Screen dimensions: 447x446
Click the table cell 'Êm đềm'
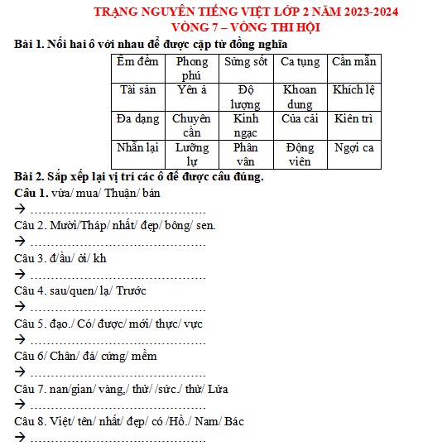[137, 62]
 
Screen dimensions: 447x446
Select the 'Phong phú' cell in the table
[192, 68]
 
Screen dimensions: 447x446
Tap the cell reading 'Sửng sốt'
[246, 62]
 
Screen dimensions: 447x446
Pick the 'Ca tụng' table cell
[300, 62]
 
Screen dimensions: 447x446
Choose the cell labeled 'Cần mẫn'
[353, 62]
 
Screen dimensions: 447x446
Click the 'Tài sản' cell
[138, 89]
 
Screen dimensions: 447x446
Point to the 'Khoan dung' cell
[300, 97]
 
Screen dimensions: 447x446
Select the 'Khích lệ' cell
[353, 89]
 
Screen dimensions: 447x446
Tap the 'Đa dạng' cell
[138, 119]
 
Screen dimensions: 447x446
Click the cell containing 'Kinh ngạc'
[246, 126]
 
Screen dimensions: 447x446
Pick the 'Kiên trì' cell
[353, 119]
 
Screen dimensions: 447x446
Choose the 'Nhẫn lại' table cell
[138, 148]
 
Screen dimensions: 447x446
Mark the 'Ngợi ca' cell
[353, 148]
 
